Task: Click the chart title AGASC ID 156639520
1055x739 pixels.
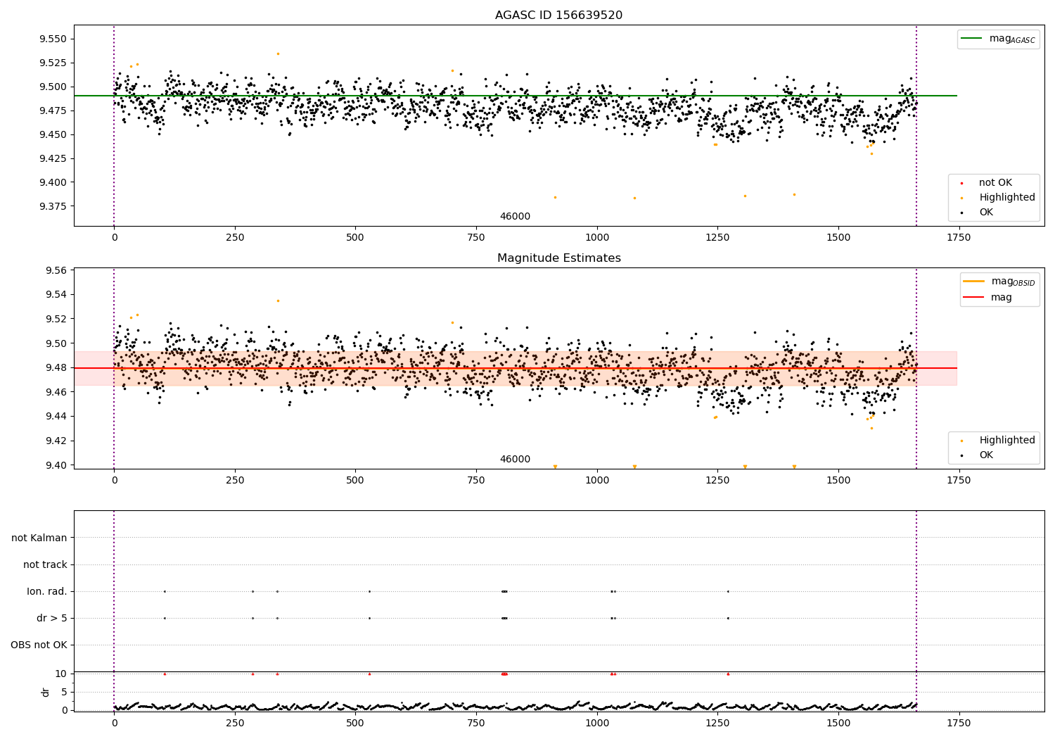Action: (x=558, y=15)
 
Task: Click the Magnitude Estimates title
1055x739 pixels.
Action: (x=558, y=258)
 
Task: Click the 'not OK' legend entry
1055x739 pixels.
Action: (x=995, y=183)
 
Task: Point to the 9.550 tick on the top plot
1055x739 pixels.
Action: (x=53, y=39)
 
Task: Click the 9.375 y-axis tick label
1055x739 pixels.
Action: (x=53, y=206)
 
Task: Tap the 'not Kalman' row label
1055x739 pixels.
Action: (x=39, y=538)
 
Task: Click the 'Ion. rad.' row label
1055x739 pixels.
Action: (x=47, y=592)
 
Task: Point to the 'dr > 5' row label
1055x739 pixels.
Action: (x=52, y=619)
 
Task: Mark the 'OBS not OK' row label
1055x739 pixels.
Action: (x=39, y=645)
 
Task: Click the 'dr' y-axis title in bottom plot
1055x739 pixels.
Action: (x=46, y=692)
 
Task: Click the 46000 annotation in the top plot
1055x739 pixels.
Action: (x=515, y=217)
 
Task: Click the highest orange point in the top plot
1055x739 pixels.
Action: (x=278, y=53)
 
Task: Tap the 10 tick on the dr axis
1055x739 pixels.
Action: (x=61, y=674)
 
